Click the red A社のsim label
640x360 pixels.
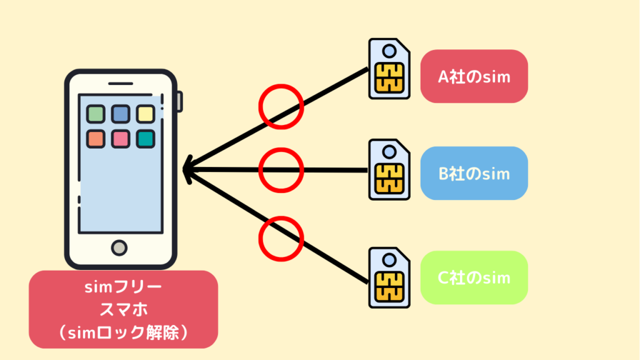[x=474, y=76]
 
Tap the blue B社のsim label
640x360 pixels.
[x=474, y=173]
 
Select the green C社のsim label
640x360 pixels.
[x=474, y=277]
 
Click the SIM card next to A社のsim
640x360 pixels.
[x=389, y=69]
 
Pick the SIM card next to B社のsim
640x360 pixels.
[x=389, y=169]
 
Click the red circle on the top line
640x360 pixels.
[x=281, y=107]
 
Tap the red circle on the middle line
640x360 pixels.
[x=281, y=169]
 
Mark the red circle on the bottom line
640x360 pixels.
[x=281, y=237]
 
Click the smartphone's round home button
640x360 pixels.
[x=119, y=247]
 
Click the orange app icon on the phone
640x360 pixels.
[x=96, y=139]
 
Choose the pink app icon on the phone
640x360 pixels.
[x=121, y=139]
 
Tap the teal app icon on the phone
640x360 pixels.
[x=146, y=139]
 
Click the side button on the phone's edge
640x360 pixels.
[x=180, y=102]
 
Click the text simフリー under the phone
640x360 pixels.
[x=122, y=288]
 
